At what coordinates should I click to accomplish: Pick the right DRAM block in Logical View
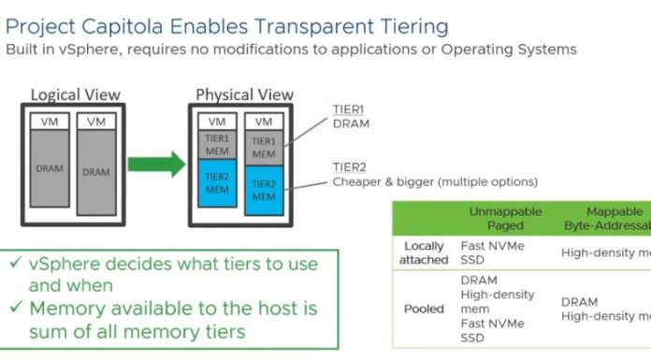[95, 171]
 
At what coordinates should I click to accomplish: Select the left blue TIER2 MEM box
[216, 183]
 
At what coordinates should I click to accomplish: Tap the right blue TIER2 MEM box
[263, 191]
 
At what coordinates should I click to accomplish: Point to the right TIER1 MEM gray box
[263, 147]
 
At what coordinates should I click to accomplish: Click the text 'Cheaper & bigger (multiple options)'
[435, 181]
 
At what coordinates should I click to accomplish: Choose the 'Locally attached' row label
[424, 252]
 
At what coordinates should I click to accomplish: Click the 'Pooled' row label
[424, 309]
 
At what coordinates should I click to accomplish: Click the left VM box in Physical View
[216, 122]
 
